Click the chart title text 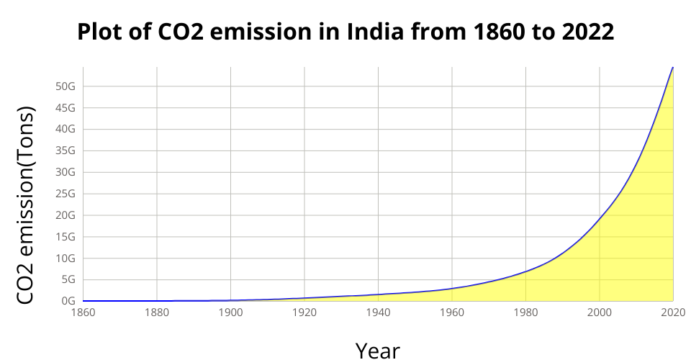(345, 32)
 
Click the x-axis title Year (377, 349)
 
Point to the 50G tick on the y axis (66, 86)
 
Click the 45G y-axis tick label (66, 108)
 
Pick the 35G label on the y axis (66, 150)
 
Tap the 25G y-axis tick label (66, 194)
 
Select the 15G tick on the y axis (66, 237)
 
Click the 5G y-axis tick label (68, 279)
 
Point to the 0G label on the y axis (68, 301)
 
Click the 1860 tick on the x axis (83, 312)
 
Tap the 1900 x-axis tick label (230, 312)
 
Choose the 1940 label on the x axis (378, 312)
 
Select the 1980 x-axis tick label (525, 312)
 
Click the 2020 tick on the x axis (673, 312)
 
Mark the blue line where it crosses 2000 (600, 217)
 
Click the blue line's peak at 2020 (673, 67)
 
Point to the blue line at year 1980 (525, 271)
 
